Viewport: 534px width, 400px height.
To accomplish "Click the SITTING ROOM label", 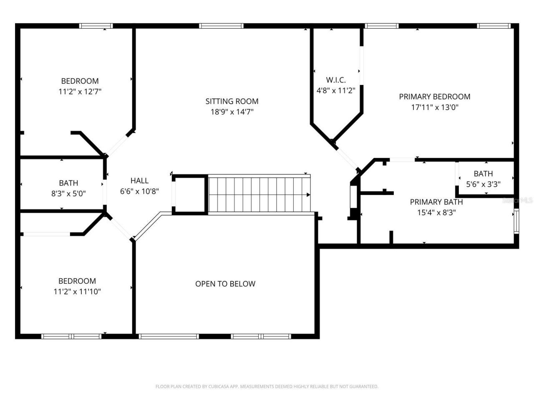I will point(232,101).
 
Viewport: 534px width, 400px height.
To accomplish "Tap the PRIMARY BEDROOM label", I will point(434,97).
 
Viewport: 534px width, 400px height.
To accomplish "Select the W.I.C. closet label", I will point(336,80).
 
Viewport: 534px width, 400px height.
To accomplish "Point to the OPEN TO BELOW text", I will point(225,284).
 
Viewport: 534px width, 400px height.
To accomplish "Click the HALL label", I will point(139,180).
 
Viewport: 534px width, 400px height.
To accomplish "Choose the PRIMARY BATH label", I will point(436,202).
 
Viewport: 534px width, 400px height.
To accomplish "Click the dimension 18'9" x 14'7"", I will point(232,112).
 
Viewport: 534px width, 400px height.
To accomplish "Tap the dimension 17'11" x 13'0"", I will point(434,107).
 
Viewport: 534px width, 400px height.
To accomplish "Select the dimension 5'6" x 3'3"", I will point(483,184).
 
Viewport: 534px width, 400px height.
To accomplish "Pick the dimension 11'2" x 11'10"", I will point(77,292).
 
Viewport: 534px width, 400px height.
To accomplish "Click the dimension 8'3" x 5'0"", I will point(68,193).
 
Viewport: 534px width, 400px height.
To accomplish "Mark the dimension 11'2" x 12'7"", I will point(80,91).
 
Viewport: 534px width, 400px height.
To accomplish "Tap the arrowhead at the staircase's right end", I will point(308,195).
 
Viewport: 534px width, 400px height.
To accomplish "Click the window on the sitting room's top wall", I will point(221,26).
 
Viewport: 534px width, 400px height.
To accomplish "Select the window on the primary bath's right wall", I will point(516,221).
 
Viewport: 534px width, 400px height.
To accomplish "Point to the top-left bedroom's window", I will point(96,26).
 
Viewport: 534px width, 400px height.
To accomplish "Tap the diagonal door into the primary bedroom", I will point(346,157).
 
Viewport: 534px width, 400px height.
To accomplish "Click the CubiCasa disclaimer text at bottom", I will point(267,387).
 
